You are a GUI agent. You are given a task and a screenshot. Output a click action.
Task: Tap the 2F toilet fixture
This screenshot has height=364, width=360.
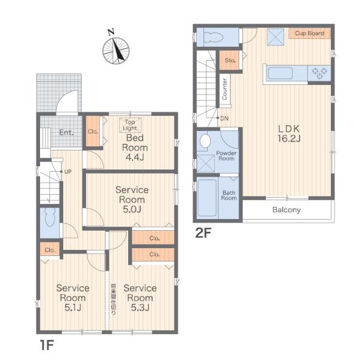click(213, 37)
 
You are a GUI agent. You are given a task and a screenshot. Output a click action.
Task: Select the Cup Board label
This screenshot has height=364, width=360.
click(310, 33)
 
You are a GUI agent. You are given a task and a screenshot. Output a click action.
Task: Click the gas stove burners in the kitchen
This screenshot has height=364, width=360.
click(319, 73)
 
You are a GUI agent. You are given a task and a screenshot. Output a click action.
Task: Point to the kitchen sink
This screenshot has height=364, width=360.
click(280, 73)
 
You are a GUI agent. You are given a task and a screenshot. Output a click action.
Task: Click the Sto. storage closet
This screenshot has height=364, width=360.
click(229, 60)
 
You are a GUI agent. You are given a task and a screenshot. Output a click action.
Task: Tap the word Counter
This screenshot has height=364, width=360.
click(225, 89)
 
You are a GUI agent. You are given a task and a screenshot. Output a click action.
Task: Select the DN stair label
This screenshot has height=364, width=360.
click(224, 118)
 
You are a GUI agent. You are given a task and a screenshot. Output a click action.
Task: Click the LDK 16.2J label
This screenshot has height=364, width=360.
click(289, 133)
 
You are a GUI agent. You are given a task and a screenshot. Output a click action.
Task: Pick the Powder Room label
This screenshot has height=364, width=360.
click(226, 156)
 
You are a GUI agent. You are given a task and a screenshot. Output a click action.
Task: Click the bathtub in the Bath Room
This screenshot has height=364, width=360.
click(207, 198)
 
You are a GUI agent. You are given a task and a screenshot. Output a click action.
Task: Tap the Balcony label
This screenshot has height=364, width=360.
click(287, 210)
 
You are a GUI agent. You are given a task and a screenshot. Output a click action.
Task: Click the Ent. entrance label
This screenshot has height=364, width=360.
click(66, 132)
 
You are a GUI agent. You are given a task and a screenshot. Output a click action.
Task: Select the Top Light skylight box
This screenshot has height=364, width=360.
click(130, 125)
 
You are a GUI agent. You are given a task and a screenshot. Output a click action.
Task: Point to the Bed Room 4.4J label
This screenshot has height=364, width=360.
click(135, 147)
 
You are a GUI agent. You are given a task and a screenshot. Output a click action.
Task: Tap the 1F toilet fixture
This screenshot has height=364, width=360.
click(50, 218)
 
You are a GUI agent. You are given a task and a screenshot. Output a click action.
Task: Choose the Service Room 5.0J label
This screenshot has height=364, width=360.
click(132, 200)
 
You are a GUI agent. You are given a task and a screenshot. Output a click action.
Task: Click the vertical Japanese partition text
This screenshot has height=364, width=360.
click(114, 299)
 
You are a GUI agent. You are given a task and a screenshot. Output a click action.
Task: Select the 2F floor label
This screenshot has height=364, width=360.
click(203, 233)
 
